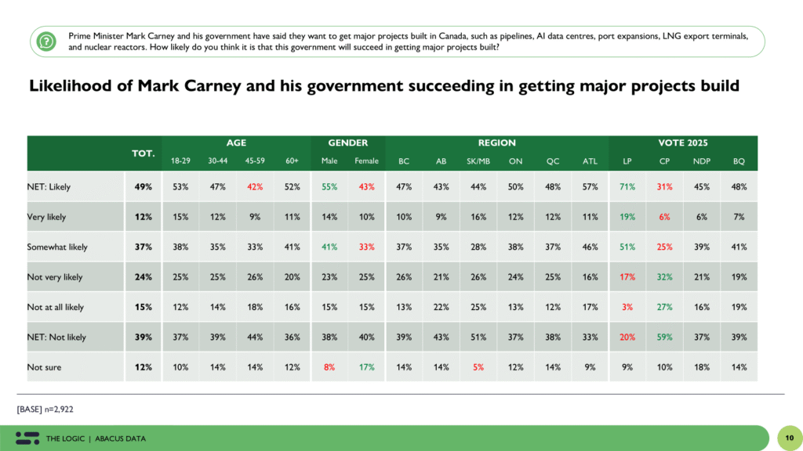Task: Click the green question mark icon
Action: pos(46,41)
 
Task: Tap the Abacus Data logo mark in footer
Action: pos(27,438)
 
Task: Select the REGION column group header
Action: pos(497,143)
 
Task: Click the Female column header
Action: pos(365,161)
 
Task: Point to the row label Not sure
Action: pos(45,367)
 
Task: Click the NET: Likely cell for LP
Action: pos(627,187)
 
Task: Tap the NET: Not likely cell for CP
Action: pos(664,337)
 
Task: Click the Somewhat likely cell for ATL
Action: pos(590,247)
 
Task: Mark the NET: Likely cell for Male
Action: pos(329,187)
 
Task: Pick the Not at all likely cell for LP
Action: pos(627,307)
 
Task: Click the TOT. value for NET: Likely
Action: pos(143,187)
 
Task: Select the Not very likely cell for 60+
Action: pos(292,277)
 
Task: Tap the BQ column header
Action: pos(738,161)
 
